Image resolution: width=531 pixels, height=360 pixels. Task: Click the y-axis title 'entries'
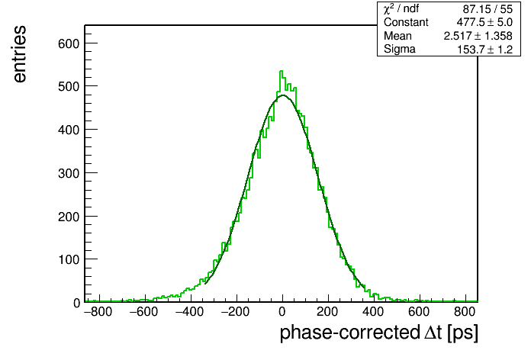click(20, 54)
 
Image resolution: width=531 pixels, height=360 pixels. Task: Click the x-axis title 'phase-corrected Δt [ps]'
click(379, 333)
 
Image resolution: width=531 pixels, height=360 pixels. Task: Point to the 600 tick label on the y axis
click(69, 43)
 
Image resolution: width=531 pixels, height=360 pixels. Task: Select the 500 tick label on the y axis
click(69, 86)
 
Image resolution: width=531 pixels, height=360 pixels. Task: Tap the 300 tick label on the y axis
click(69, 173)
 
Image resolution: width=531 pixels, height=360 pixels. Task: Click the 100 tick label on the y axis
click(69, 260)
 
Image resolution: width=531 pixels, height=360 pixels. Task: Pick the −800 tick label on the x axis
click(98, 311)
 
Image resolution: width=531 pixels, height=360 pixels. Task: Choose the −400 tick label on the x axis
click(190, 311)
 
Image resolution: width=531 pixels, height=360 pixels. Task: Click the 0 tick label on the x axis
click(282, 311)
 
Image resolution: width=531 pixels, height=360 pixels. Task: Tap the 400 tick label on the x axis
click(373, 311)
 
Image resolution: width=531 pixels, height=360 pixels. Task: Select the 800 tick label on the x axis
click(465, 311)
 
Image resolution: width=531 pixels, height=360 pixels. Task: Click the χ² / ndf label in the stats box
click(401, 8)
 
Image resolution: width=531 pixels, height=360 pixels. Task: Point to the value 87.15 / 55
click(488, 9)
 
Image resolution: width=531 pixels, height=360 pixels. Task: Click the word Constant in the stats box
click(406, 22)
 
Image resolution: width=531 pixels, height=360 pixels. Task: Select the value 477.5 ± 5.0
click(484, 22)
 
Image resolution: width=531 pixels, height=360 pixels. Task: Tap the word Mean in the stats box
click(397, 36)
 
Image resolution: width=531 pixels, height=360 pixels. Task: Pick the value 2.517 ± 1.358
click(478, 36)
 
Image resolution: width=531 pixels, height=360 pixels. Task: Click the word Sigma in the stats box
click(400, 50)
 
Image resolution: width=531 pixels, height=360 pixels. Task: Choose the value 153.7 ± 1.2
click(485, 50)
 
